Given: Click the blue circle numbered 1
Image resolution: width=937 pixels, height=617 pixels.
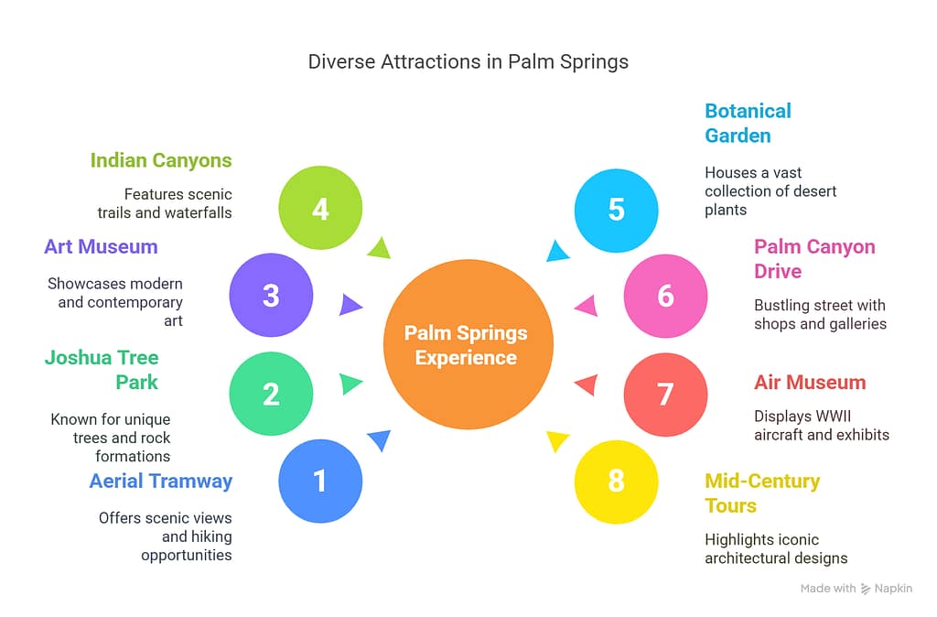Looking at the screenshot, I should (319, 481).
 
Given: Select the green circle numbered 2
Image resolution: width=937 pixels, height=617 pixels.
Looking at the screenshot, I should (271, 394).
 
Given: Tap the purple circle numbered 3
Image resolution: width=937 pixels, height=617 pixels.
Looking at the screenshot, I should (271, 296).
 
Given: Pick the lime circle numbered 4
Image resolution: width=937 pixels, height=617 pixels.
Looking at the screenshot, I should (319, 209).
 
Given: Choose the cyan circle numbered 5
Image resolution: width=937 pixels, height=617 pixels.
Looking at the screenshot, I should (616, 209).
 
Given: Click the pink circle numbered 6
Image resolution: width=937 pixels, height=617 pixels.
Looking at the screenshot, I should (665, 296).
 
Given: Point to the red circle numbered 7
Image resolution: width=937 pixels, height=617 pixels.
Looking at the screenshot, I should (665, 394).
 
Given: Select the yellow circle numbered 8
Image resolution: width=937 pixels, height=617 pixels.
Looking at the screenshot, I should (616, 481).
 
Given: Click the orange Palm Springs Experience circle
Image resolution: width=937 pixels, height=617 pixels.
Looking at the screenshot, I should (467, 345).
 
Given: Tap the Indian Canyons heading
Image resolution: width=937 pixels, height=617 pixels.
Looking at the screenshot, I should (161, 160).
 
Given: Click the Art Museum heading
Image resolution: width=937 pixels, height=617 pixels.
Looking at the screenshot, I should (101, 246).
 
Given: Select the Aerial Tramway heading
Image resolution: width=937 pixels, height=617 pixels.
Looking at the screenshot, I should (161, 481).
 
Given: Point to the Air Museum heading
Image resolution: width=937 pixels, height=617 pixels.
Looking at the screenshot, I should (810, 383).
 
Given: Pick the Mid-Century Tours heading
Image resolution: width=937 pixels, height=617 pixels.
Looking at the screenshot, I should (762, 493).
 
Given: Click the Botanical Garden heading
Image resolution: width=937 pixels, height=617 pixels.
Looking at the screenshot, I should (748, 123).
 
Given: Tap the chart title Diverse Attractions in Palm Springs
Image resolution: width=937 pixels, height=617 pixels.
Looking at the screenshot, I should (468, 62).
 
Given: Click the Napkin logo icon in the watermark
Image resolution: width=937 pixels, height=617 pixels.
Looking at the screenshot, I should (866, 589).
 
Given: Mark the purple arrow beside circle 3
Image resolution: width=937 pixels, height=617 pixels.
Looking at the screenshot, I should (350, 304).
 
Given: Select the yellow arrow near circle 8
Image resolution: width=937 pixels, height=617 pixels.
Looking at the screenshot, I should (556, 441).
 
